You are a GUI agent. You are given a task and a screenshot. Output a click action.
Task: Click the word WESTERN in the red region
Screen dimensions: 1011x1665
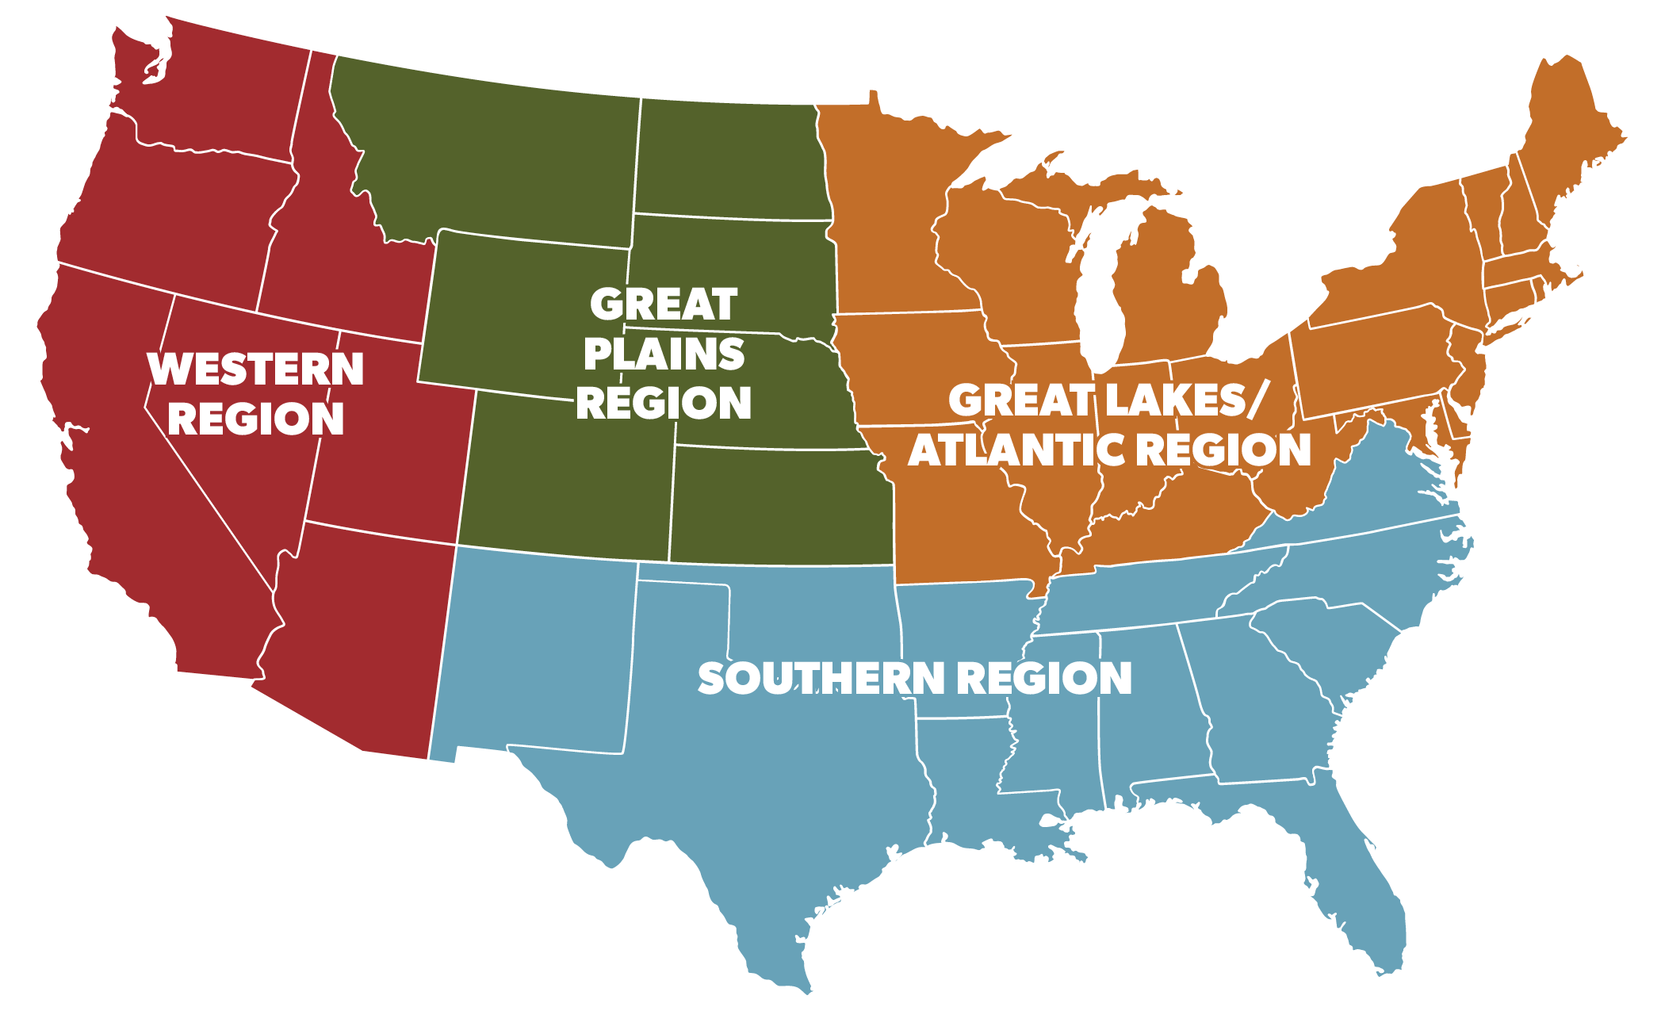[x=255, y=370]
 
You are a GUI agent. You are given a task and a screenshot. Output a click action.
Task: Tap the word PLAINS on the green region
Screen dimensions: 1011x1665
[x=664, y=354]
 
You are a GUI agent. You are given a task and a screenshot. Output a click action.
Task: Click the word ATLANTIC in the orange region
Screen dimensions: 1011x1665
[x=1002, y=450]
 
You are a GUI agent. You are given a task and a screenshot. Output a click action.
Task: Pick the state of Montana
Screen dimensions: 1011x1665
[x=492, y=151]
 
